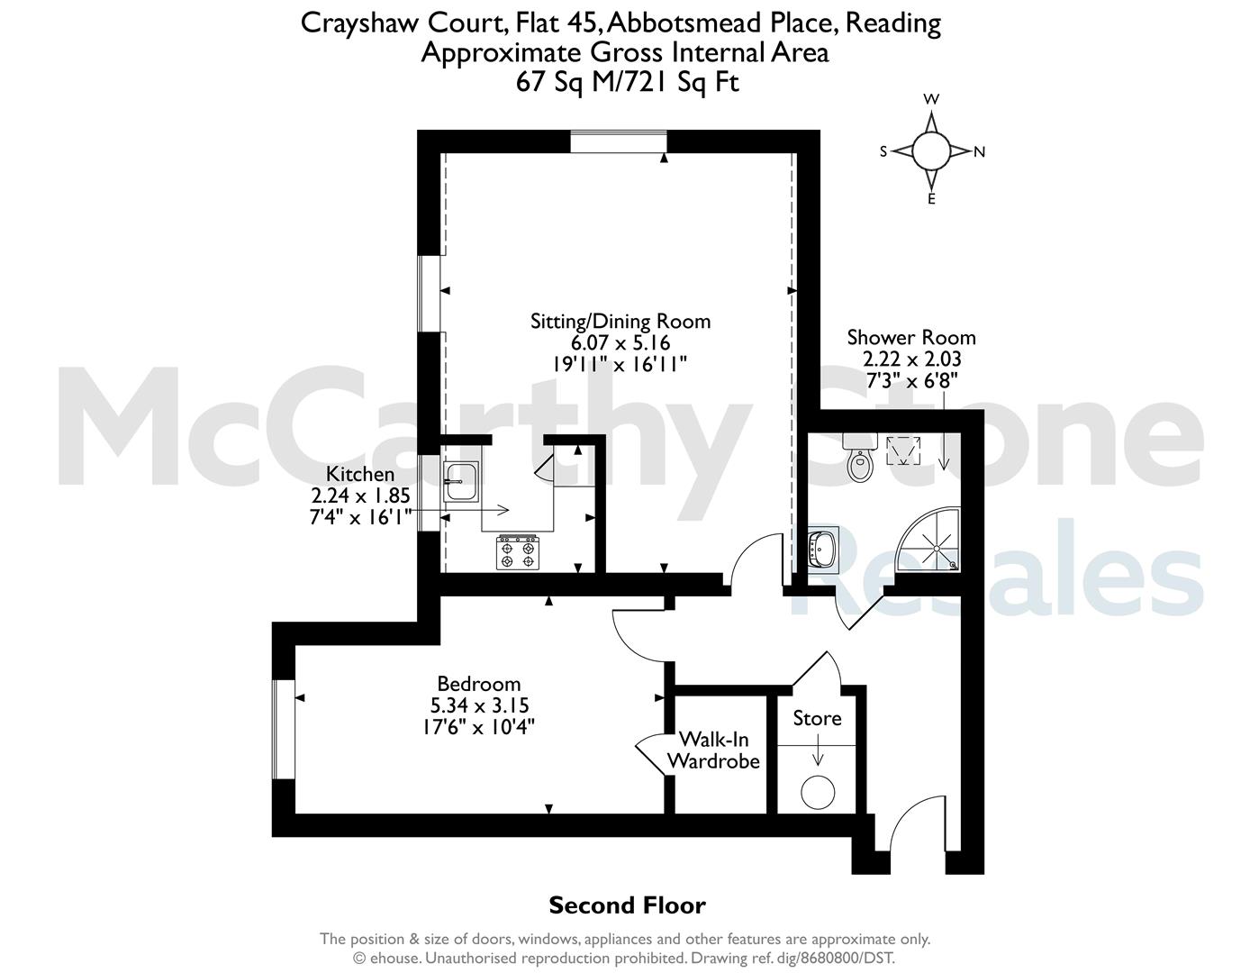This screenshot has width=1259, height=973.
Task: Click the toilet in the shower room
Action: (x=860, y=457)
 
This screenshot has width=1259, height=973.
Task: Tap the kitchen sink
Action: (x=460, y=482)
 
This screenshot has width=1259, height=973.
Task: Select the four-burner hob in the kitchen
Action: (x=518, y=553)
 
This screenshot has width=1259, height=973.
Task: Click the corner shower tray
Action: (x=928, y=540)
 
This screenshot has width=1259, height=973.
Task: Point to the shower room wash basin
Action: (x=823, y=549)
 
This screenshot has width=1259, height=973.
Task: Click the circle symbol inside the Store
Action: (x=818, y=792)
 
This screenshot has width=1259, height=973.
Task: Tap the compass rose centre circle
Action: (x=931, y=150)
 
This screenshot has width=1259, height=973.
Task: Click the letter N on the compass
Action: (x=979, y=152)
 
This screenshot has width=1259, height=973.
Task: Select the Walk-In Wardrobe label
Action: (x=713, y=750)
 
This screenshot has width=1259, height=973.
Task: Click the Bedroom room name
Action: (x=478, y=684)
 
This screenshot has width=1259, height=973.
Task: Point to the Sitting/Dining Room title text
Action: (x=620, y=321)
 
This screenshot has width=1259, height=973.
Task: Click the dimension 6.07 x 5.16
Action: (x=620, y=342)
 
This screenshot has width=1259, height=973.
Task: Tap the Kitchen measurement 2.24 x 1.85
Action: (x=360, y=496)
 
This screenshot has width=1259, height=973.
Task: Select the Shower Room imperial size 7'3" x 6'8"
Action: (x=912, y=381)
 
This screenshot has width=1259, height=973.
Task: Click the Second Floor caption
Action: (x=628, y=905)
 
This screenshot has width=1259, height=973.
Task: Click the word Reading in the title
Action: (x=892, y=23)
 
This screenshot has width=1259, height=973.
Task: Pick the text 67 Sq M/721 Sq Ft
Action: (x=628, y=82)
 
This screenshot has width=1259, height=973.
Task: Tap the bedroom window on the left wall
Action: (x=284, y=729)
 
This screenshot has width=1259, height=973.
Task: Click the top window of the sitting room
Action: (x=618, y=142)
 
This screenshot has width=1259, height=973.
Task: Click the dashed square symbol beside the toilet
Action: (x=903, y=450)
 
